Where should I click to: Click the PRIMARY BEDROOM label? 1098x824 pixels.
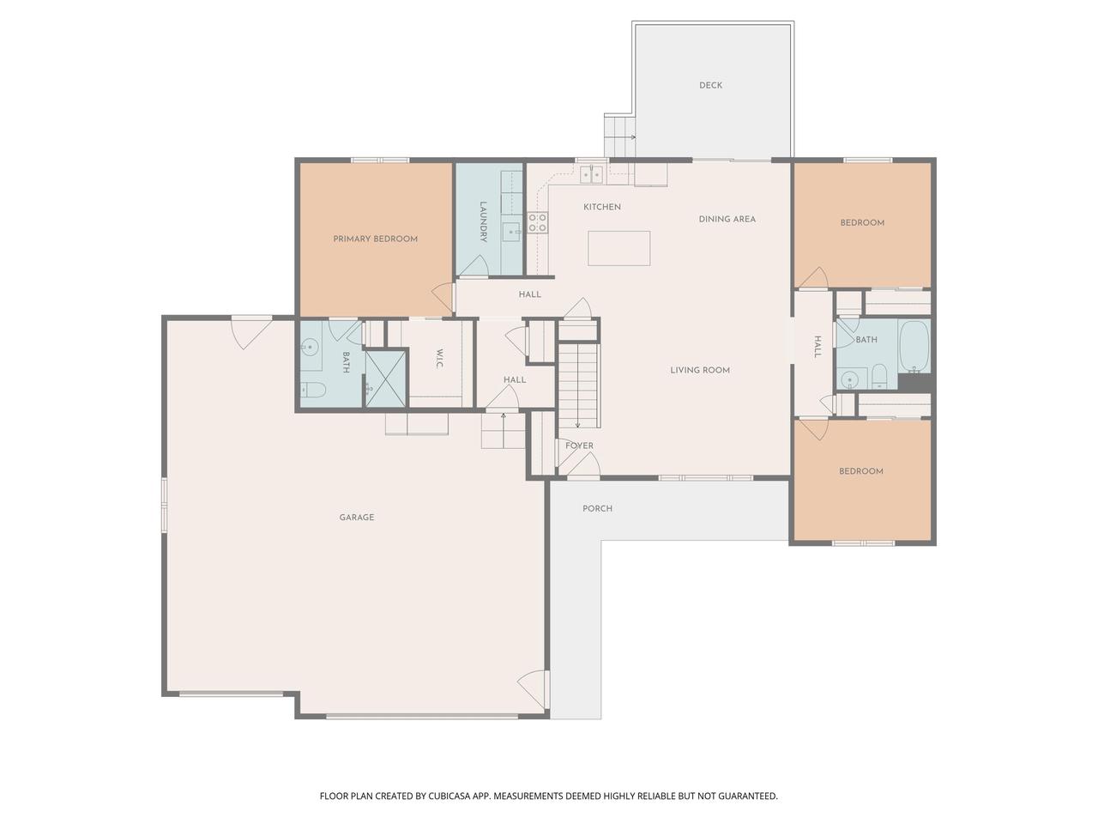coord(375,239)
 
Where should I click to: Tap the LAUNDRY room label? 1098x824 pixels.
coord(484,221)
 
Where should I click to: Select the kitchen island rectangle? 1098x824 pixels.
coord(618,248)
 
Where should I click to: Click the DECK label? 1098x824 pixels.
coord(710,85)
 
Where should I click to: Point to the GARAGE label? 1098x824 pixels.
coord(356,518)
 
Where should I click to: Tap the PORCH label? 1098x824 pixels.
coord(597,509)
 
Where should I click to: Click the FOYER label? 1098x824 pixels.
coord(579,446)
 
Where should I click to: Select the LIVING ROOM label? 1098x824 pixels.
coord(700,371)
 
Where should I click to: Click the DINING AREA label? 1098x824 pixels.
coord(727,219)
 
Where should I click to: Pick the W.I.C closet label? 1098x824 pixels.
coord(438,359)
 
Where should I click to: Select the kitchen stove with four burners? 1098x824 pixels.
coord(538,223)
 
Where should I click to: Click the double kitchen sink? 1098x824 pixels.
coord(590,175)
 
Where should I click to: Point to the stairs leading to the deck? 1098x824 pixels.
coord(619,136)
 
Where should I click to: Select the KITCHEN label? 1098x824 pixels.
coord(602,207)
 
